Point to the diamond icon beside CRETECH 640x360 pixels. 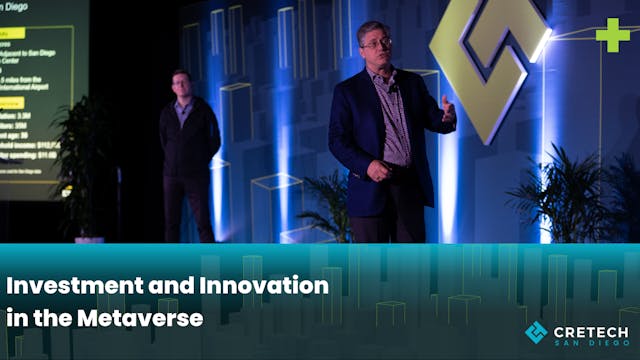[536, 333]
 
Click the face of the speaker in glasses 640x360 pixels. [375, 44]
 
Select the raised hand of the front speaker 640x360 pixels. [447, 108]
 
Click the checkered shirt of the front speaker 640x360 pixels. [393, 115]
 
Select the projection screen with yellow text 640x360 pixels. [40, 90]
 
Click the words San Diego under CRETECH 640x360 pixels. [593, 343]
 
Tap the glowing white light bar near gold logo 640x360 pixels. [541, 45]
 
